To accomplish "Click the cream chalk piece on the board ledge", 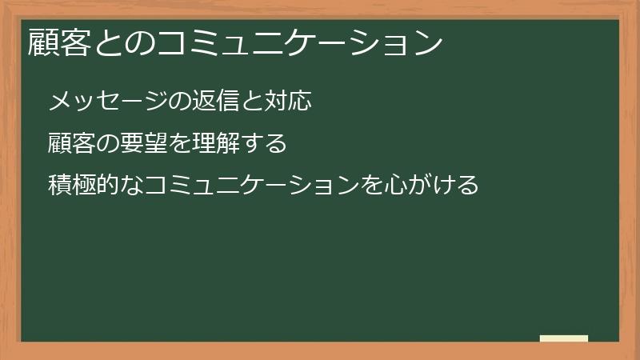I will [563, 338].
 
